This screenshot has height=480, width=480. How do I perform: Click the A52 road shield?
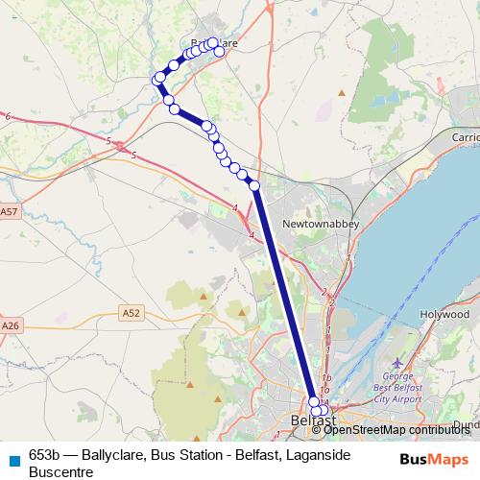tap(132, 312)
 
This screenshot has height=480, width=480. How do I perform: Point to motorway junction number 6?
tap(8, 116)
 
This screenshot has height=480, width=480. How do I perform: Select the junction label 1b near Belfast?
tap(326, 377)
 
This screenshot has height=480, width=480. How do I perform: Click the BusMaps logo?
tap(435, 459)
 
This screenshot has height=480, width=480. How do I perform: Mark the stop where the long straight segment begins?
tap(254, 185)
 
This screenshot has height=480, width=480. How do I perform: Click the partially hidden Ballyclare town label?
tap(213, 44)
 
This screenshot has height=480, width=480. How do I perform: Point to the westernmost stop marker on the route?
tap(156, 79)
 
